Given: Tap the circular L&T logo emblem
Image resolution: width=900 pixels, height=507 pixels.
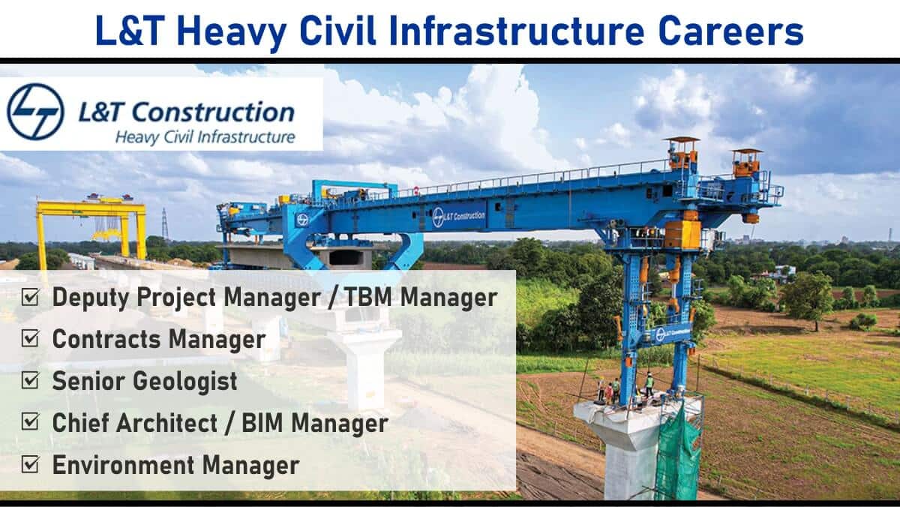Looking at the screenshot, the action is [x=35, y=112].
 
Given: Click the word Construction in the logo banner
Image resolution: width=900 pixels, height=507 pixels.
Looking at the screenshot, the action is [x=213, y=112].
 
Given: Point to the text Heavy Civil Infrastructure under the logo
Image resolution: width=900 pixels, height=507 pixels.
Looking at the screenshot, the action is [x=205, y=137].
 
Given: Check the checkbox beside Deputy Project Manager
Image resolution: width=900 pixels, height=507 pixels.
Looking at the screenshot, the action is [x=30, y=297].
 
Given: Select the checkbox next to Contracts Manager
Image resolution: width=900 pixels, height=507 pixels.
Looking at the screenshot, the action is [x=30, y=338].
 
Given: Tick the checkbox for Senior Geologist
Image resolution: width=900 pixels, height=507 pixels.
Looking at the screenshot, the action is [x=30, y=380].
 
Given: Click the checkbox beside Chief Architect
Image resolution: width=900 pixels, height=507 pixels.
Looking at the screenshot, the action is [x=30, y=421].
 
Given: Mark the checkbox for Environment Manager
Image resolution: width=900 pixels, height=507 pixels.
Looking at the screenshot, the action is [x=30, y=464].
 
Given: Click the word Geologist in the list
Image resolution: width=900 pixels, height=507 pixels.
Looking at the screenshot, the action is [x=185, y=381].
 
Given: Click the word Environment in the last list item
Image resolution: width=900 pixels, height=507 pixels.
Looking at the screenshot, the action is [x=123, y=465].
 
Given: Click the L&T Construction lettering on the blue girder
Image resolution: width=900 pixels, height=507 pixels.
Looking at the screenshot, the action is [x=459, y=217].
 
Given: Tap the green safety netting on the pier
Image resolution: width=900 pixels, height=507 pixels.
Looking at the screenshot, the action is [x=679, y=454].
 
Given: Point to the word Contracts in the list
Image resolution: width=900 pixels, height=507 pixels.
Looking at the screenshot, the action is [x=106, y=339].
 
